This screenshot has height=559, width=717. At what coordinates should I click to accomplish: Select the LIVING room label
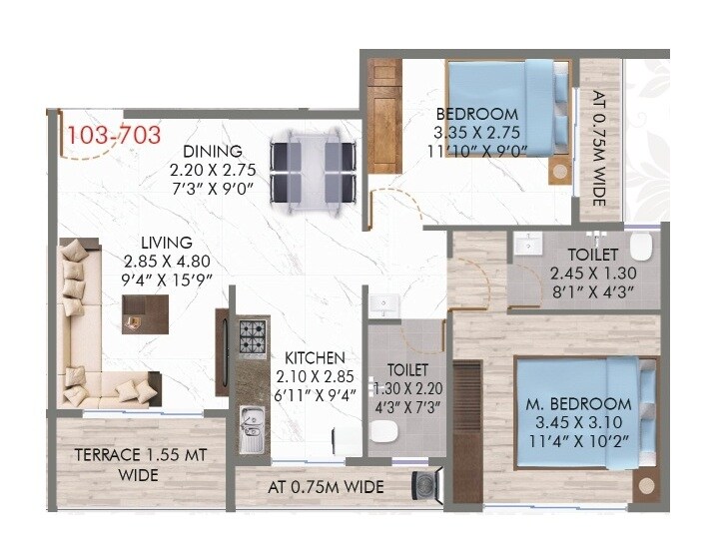point(166,242)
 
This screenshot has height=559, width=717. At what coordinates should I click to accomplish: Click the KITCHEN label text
point(315,357)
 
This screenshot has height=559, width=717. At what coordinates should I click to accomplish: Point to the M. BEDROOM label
point(579,404)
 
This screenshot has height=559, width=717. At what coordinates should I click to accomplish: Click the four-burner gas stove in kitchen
point(253,335)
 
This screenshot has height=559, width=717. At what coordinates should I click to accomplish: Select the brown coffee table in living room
point(145,313)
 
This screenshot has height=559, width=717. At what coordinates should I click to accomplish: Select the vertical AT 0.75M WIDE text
point(599,150)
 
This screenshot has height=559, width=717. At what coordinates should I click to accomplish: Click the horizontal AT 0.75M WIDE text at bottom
point(327,488)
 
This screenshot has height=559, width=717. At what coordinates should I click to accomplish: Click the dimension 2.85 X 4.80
point(165,260)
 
